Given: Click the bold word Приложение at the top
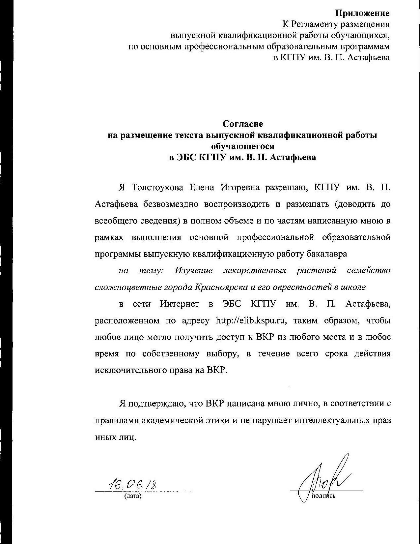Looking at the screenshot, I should (362, 13).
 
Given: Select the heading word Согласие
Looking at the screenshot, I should (243, 124).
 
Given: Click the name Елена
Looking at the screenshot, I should (202, 188).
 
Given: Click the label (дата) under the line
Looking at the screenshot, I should (133, 496).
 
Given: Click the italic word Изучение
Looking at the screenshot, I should (194, 271).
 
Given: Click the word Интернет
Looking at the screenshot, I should (180, 304).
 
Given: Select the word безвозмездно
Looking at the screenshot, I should (171, 204).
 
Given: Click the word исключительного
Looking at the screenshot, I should (131, 370).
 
